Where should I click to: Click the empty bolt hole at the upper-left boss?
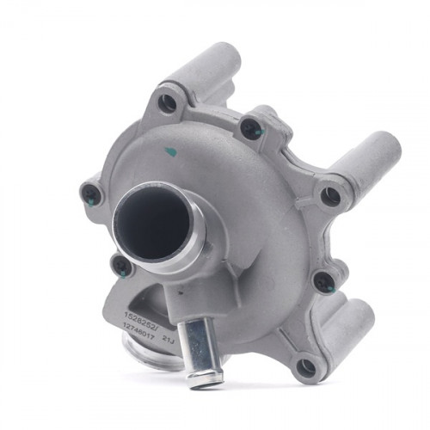(x=168, y=104)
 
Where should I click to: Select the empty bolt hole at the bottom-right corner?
(x=305, y=367)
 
